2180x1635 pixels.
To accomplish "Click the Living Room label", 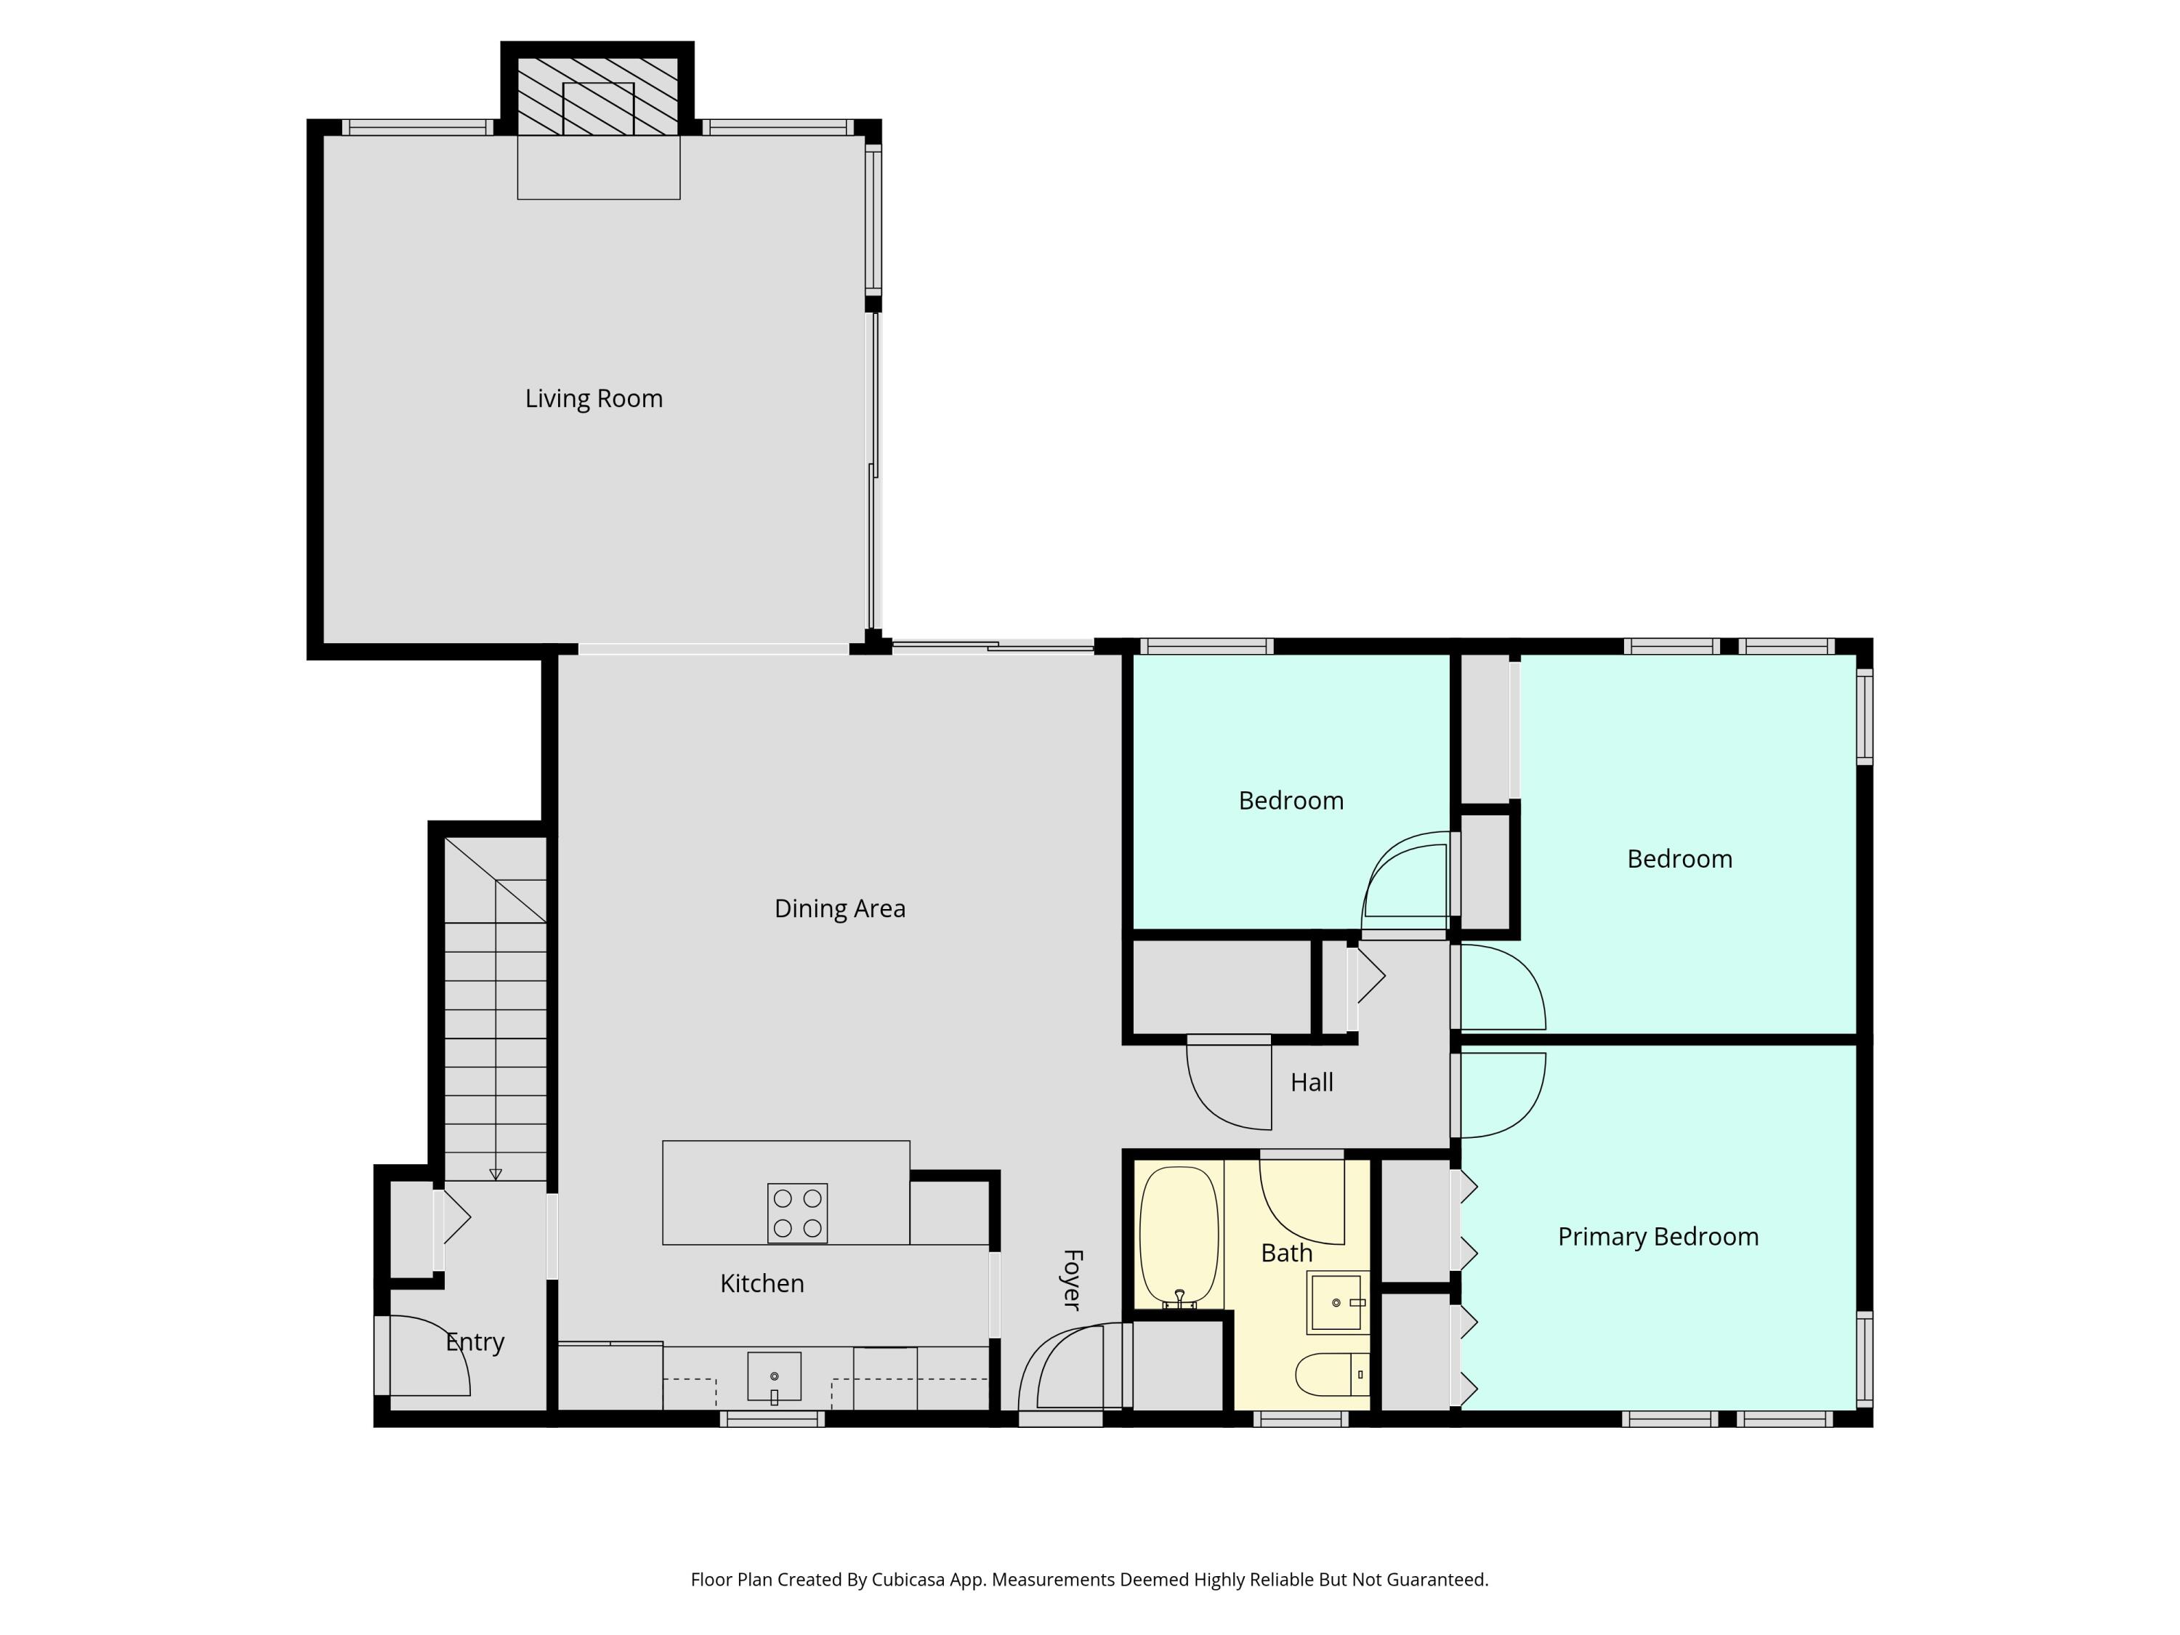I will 593,398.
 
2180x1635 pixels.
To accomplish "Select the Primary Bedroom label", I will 1658,1236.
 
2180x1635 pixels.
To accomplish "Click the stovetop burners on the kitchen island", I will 796,1212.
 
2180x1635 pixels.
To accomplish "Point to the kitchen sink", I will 774,1376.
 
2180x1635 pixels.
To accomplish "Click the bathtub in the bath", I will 1178,1236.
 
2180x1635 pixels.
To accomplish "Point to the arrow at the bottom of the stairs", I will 496,1174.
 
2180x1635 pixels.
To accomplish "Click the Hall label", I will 1311,1082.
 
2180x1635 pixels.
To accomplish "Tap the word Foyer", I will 1073,1279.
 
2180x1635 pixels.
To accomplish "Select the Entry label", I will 475,1341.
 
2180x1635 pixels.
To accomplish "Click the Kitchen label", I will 762,1283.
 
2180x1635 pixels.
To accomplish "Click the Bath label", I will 1286,1253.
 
